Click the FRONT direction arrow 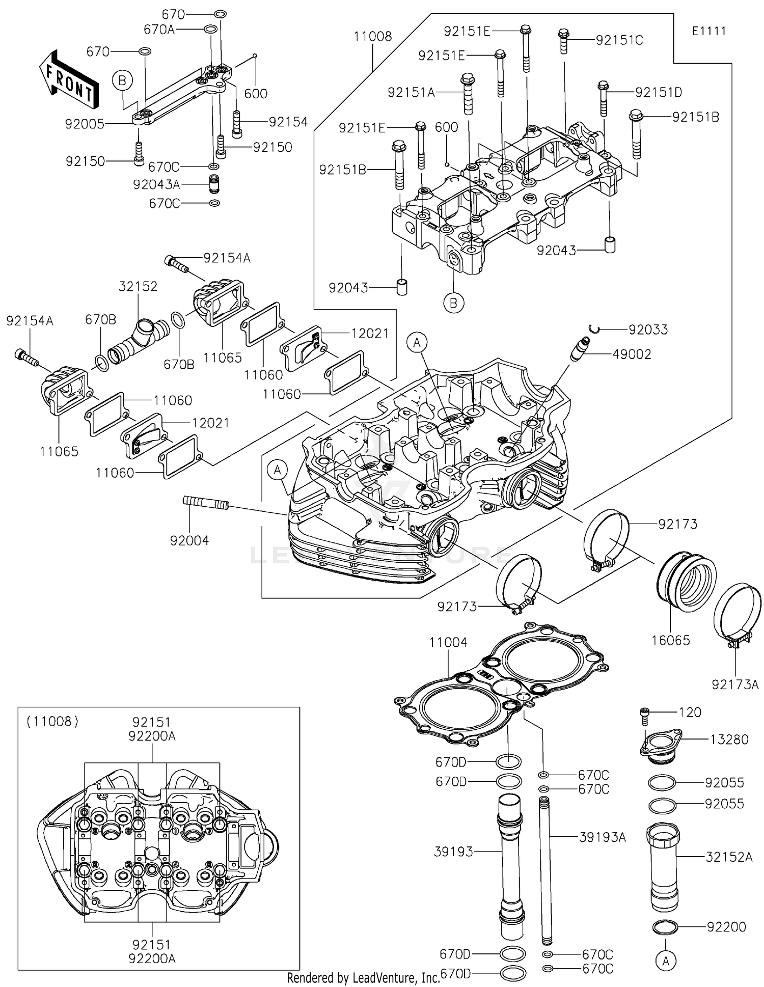(68, 79)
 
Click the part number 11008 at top (373, 37)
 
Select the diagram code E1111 (708, 31)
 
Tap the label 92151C (619, 40)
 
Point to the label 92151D (658, 93)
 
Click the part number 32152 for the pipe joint (138, 286)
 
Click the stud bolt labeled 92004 (206, 504)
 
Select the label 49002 (632, 354)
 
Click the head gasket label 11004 (448, 643)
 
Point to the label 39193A (603, 837)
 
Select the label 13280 (729, 739)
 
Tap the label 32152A (728, 857)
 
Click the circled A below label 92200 (665, 961)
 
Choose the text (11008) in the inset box (53, 721)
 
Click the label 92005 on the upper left (85, 124)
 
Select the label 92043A (156, 184)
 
